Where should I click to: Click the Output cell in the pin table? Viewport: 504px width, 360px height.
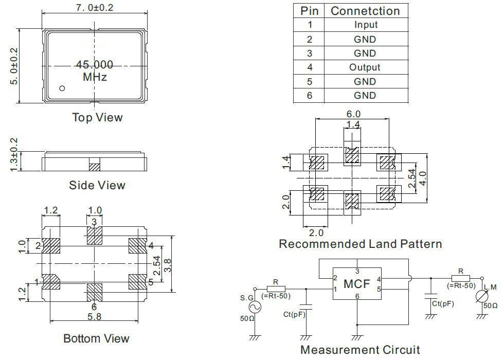[365, 67]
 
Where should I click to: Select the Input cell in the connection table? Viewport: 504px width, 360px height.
[366, 25]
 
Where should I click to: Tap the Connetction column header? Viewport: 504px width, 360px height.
[365, 11]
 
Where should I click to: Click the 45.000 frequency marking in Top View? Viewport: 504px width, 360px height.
[95, 65]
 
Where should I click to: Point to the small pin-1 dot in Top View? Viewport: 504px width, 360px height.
[62, 88]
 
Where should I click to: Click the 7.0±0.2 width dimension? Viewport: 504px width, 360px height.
[95, 7]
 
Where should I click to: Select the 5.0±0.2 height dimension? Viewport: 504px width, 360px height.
[14, 66]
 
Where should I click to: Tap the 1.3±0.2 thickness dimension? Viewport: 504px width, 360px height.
[13, 155]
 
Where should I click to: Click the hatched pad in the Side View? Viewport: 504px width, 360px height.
[95, 167]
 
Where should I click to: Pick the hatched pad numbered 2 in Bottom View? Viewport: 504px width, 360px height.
[51, 246]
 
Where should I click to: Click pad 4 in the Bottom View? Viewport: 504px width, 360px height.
[138, 246]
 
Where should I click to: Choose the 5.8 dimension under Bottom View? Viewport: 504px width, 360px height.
[95, 317]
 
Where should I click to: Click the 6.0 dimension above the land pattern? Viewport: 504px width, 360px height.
[353, 114]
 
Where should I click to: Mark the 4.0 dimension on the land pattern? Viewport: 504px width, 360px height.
[423, 178]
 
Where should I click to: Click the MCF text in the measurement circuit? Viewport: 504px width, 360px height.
[357, 284]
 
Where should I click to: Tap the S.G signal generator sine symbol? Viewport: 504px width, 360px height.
[255, 308]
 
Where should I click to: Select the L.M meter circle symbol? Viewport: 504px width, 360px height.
[482, 297]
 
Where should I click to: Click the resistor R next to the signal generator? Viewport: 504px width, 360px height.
[276, 289]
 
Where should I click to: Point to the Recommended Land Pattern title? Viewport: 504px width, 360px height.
[361, 244]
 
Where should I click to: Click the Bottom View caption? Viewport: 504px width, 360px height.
[96, 338]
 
